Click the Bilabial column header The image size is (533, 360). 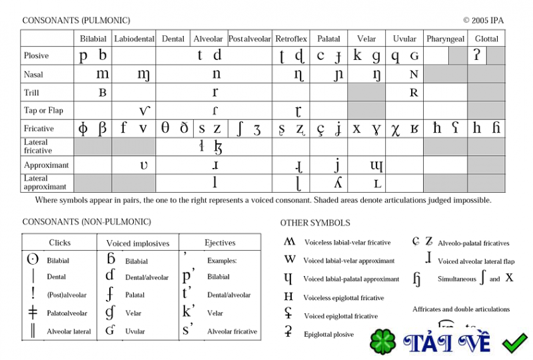(93, 39)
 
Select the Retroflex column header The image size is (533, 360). (291, 39)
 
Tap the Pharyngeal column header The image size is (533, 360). (445, 39)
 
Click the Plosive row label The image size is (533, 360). (37, 56)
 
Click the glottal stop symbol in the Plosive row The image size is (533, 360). (476, 55)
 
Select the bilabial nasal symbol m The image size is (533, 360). (103, 74)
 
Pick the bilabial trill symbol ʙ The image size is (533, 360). (103, 93)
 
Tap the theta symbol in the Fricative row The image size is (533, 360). (165, 129)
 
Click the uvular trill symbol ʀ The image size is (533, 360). (414, 93)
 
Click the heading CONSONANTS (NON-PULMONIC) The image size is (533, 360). (87, 222)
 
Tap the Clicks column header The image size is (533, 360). (60, 243)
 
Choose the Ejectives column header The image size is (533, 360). (220, 243)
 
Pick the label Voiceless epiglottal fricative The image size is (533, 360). (344, 298)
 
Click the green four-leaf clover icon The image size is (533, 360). (384, 342)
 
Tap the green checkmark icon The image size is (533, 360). (514, 343)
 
